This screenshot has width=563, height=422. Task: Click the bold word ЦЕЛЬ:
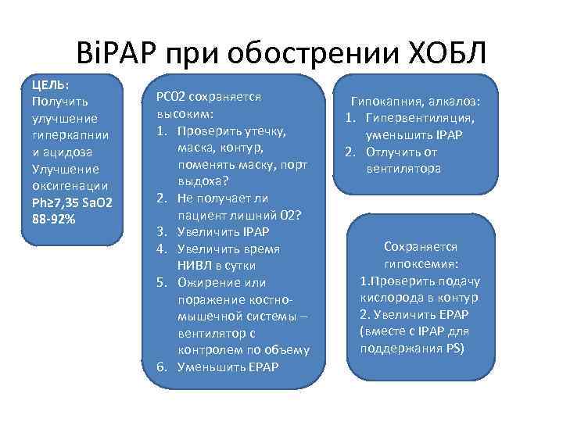50,84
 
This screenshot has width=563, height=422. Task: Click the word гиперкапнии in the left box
66,135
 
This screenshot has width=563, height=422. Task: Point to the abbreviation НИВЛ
195,265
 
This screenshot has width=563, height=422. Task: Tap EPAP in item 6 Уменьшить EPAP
263,367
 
